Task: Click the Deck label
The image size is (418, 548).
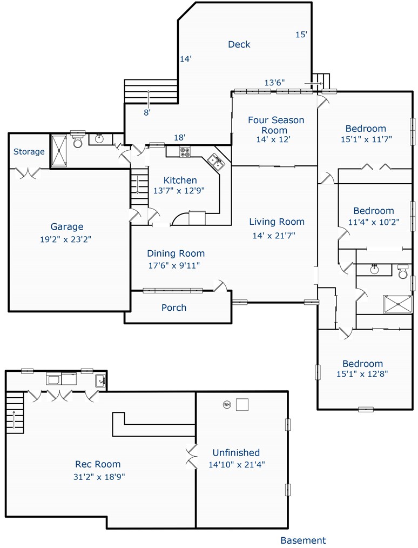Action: coord(239,44)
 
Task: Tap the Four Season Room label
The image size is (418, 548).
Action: coord(276,125)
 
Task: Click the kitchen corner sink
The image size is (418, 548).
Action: coord(215,162)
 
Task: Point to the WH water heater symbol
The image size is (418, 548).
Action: coord(227,405)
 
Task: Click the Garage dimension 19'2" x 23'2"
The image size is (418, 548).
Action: coord(66,239)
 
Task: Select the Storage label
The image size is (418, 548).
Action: coord(29,152)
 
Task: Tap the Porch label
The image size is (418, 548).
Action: coord(173,308)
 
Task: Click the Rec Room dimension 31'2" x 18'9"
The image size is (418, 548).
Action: coord(99,477)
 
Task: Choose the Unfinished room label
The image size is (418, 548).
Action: coord(236,452)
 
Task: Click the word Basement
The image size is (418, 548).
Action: coord(303,540)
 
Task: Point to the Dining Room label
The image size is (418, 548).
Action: coord(176,253)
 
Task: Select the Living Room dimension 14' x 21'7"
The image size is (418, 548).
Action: coord(274,236)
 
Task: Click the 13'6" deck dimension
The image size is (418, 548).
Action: coord(274,83)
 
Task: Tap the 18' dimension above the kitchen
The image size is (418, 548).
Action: coord(179,138)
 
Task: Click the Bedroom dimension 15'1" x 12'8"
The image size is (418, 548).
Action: coord(362,374)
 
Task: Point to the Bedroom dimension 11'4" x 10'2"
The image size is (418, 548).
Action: coord(374,222)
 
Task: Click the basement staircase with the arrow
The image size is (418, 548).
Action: coord(15,413)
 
